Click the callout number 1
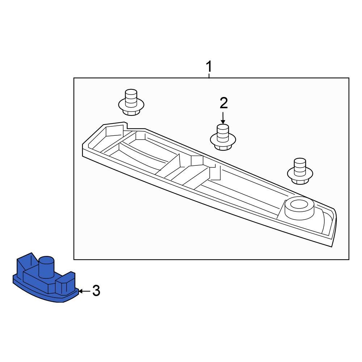209,67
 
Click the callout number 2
224,104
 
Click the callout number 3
96,291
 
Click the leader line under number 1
209,76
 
